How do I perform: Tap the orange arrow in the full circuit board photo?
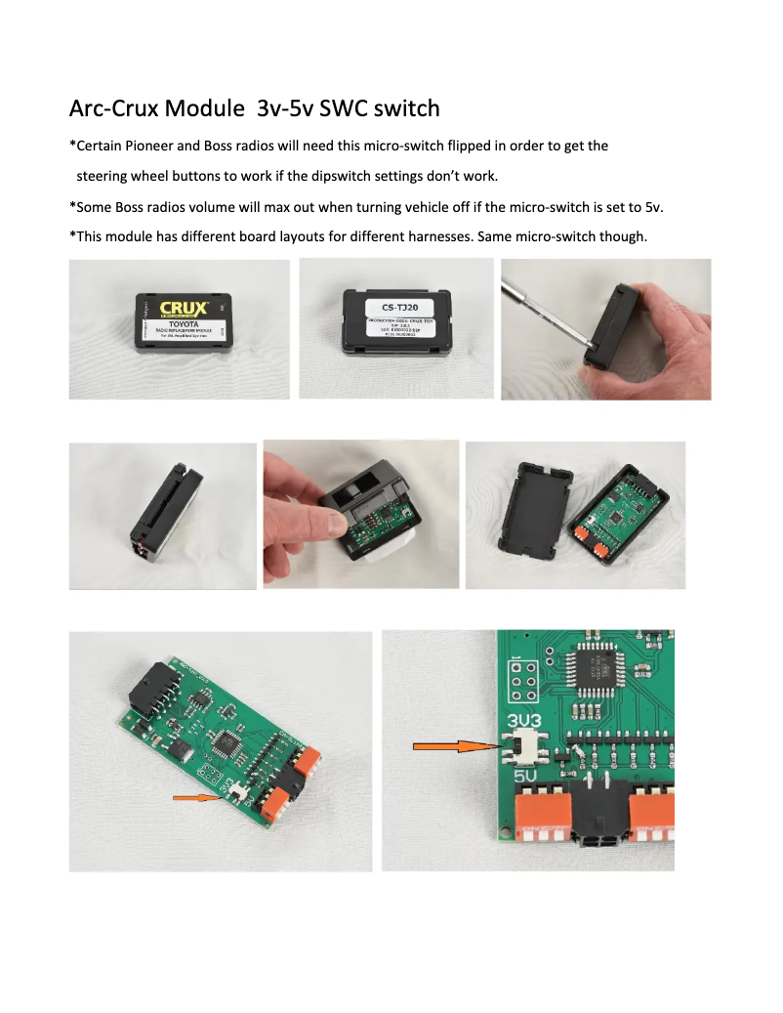(192, 798)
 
